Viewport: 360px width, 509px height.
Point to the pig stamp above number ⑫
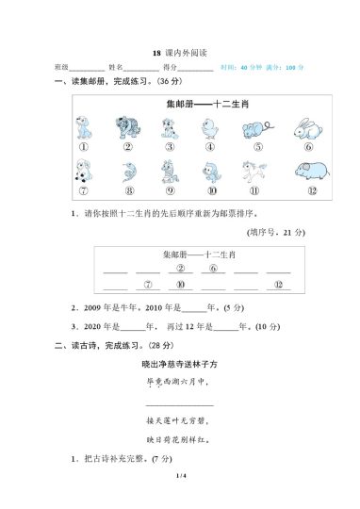point(307,172)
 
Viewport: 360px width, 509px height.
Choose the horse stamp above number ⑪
point(256,172)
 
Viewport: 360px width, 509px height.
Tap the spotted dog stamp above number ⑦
point(83,172)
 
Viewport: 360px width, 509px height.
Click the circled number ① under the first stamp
point(83,147)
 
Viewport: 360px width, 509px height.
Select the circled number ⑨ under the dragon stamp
point(170,192)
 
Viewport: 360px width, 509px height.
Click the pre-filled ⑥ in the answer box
point(213,269)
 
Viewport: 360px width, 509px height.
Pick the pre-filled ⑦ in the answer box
point(147,284)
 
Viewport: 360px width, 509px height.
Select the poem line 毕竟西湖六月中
point(178,382)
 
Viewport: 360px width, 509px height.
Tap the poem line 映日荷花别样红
point(178,438)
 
